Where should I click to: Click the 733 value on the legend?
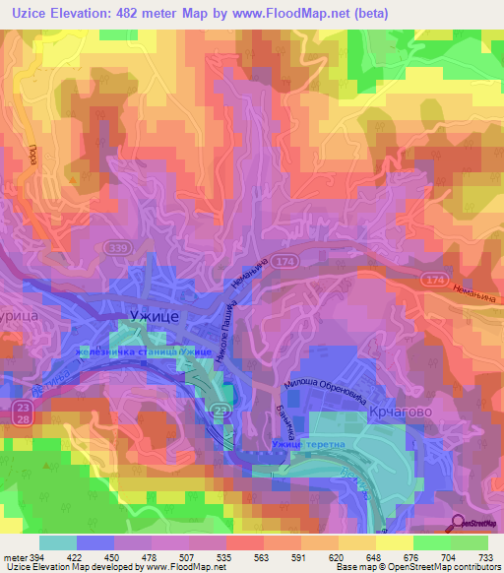click(485, 555)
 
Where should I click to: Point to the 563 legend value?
click(259, 555)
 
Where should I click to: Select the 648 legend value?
click(372, 555)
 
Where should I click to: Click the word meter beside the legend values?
click(12, 555)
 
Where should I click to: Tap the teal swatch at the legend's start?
click(57, 542)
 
